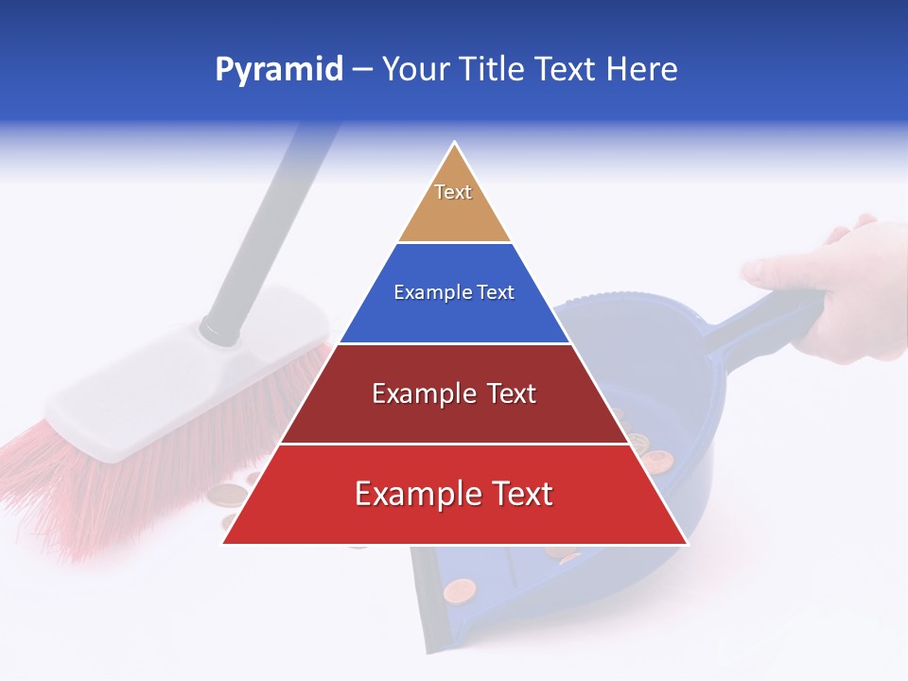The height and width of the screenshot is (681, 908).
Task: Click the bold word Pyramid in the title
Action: pyautogui.click(x=278, y=69)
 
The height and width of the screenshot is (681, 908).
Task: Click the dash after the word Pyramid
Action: pyautogui.click(x=362, y=70)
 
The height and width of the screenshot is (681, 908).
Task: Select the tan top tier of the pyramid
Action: pyautogui.click(x=454, y=213)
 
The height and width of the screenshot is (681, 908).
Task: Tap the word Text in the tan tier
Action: pyautogui.click(x=453, y=192)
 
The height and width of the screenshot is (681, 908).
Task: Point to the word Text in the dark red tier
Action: pyautogui.click(x=505, y=393)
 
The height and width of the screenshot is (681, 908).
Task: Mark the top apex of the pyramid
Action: pyautogui.click(x=455, y=144)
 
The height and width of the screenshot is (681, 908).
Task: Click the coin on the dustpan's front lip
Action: pyautogui.click(x=459, y=591)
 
